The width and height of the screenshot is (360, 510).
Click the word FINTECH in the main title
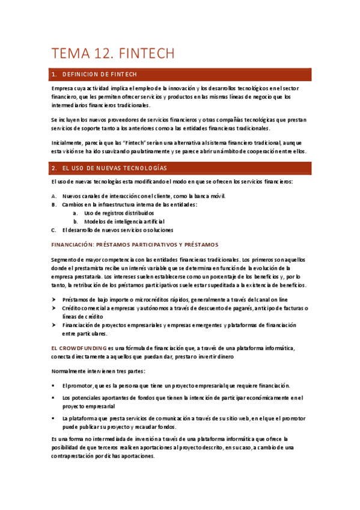(147, 54)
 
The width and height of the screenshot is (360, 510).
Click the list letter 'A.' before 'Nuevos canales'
(54, 196)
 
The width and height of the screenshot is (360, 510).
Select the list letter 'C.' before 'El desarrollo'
(54, 230)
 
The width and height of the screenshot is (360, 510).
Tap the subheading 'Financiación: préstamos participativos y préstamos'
(135, 244)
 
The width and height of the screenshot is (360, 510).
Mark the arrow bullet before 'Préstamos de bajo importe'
(54, 300)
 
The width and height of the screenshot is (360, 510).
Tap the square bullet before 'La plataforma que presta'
(54, 418)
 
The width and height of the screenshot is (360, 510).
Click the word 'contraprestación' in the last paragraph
(76, 456)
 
